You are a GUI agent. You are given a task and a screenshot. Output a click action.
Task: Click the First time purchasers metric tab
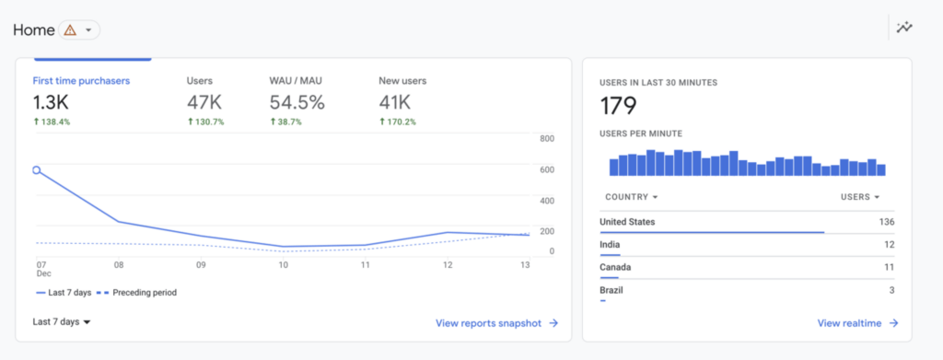pyautogui.click(x=81, y=81)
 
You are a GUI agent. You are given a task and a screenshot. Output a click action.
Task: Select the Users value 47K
pyautogui.click(x=204, y=101)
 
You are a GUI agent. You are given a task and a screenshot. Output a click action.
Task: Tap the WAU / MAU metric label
pyautogui.click(x=297, y=81)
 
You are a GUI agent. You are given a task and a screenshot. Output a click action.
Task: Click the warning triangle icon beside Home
pyautogui.click(x=70, y=29)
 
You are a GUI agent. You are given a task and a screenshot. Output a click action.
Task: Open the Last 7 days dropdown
pyautogui.click(x=62, y=322)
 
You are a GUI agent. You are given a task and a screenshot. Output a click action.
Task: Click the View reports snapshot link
pyautogui.click(x=496, y=323)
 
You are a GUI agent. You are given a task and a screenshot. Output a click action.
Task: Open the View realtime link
pyautogui.click(x=856, y=323)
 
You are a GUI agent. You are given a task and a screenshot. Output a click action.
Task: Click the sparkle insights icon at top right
pyautogui.click(x=905, y=28)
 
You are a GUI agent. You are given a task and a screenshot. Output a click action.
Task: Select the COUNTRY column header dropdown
pyautogui.click(x=631, y=197)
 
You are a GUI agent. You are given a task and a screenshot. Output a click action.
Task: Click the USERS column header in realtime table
pyautogui.click(x=860, y=197)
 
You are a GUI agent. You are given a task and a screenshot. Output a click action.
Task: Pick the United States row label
pyautogui.click(x=627, y=222)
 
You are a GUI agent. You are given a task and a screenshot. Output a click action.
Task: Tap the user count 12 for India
pyautogui.click(x=889, y=245)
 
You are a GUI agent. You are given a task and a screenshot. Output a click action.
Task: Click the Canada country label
pyautogui.click(x=615, y=268)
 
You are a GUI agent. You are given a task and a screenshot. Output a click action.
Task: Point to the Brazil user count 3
pyautogui.click(x=891, y=291)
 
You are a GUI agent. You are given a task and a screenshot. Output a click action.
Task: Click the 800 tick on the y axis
pyautogui.click(x=546, y=139)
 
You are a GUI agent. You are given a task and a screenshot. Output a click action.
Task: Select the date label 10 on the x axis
pyautogui.click(x=283, y=265)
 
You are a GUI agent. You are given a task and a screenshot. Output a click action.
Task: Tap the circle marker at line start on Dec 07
pyautogui.click(x=37, y=170)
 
